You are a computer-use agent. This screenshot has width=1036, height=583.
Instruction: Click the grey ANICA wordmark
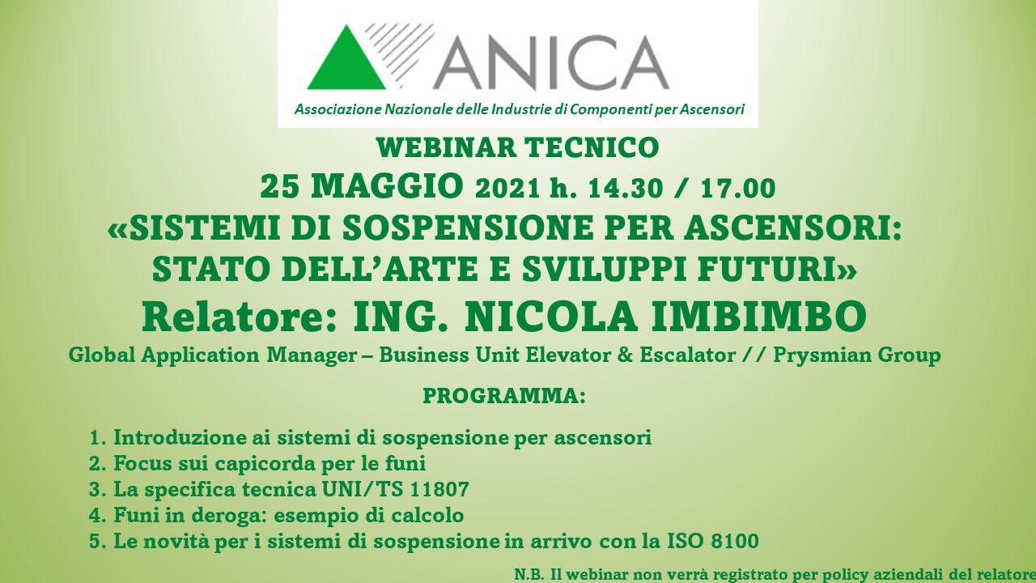[x=550, y=63]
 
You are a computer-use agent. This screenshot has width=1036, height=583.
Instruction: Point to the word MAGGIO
[x=387, y=186]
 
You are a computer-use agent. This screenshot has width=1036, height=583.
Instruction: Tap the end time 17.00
[x=738, y=189]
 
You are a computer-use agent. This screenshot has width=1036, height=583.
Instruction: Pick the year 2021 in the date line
[x=507, y=189]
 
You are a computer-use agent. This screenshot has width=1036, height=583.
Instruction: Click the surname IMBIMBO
[x=758, y=317]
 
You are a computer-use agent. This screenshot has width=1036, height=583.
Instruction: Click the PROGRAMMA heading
[x=504, y=396]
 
